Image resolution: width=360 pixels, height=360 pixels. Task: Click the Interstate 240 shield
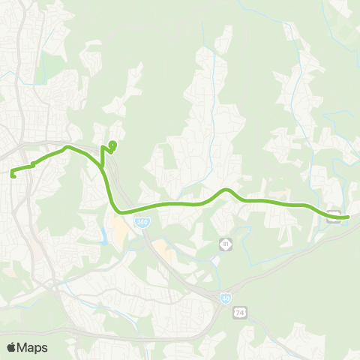tap(142, 222)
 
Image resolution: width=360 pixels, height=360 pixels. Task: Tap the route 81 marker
tap(224, 244)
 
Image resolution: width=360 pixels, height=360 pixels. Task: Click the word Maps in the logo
tap(33, 347)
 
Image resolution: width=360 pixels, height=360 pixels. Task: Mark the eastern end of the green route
tap(348, 217)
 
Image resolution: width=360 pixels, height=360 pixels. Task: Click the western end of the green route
tap(13, 175)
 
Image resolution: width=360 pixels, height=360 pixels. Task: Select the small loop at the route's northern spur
tap(112, 143)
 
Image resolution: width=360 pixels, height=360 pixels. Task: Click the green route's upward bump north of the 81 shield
tap(226, 190)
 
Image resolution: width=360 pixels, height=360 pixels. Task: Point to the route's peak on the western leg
tap(67, 147)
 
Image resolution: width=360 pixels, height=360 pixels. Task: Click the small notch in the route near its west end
tap(33, 164)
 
